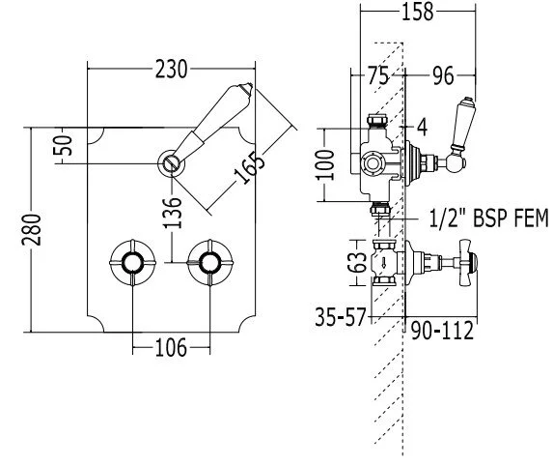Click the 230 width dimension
coord(171,70)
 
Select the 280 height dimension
coord(32,230)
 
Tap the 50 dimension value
coord(63,146)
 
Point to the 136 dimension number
coord(173,213)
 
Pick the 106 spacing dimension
coord(171,348)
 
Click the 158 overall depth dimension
coord(417,12)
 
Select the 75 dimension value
coord(378,75)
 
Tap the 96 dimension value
coord(443,75)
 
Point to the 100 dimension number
coord(325,165)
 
